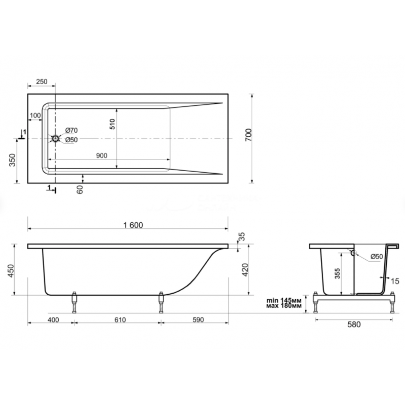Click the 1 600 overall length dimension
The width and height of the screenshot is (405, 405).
click(133, 225)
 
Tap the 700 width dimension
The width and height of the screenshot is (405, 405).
click(248, 135)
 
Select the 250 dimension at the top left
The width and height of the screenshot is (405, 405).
click(42, 82)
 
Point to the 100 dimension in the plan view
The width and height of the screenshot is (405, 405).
click(35, 115)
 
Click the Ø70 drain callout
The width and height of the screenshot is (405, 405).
click(71, 131)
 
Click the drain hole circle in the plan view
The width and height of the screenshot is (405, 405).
click(56, 139)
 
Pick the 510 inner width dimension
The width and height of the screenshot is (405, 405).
click(112, 124)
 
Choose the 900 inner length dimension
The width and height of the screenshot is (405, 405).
click(102, 155)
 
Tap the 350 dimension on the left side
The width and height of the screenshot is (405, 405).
click(12, 160)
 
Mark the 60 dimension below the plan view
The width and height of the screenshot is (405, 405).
click(80, 189)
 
